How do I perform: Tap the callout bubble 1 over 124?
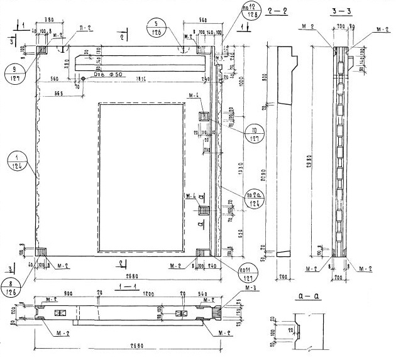18,160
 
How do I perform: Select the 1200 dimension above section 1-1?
146,293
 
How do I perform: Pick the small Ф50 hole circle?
83,79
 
